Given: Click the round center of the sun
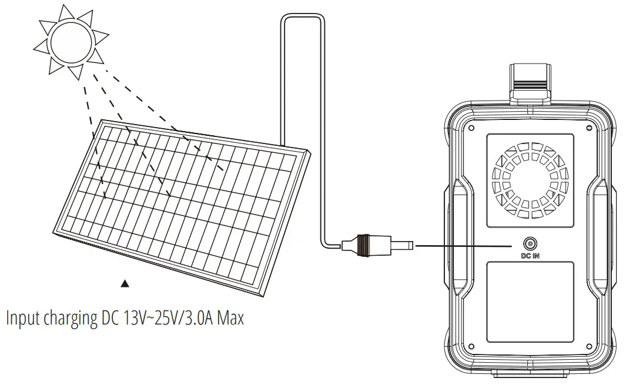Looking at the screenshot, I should [x=71, y=40].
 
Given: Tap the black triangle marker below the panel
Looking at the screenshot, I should [x=125, y=284].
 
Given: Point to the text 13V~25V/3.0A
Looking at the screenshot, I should [x=168, y=318].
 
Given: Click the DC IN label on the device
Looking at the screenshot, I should [x=530, y=256].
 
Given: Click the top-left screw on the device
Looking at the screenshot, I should [x=471, y=128].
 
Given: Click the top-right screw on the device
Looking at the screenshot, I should [x=589, y=128].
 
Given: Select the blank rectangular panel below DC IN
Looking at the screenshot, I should [x=530, y=302].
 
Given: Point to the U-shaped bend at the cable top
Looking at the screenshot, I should [x=302, y=19].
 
